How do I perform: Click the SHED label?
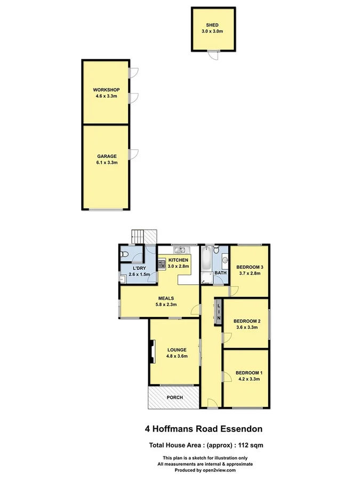[x=213, y=25]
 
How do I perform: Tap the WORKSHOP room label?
[x=106, y=90]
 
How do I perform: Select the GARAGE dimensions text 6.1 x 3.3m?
[x=106, y=162]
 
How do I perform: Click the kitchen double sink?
[x=179, y=250]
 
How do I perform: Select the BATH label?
[x=221, y=273]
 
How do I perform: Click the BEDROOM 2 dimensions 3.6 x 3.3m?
[x=247, y=327]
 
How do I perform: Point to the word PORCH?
[x=174, y=398]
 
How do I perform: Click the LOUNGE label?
[x=177, y=350]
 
